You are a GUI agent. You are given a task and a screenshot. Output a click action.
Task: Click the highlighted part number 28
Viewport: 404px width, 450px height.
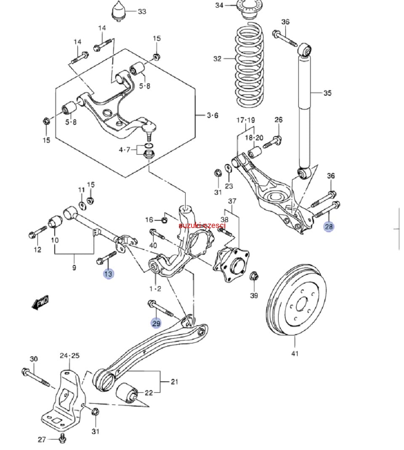click(x=328, y=226)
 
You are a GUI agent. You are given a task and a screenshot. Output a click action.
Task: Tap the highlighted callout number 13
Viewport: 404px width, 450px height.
click(x=109, y=274)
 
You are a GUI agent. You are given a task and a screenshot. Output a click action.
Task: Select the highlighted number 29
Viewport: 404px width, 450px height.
click(x=156, y=323)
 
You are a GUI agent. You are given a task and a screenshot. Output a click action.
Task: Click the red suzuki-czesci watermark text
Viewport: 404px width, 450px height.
click(x=202, y=226)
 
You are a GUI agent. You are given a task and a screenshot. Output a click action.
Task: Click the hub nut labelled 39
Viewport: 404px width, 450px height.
click(x=254, y=277)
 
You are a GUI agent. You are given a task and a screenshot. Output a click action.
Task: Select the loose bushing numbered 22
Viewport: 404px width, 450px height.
click(x=127, y=393)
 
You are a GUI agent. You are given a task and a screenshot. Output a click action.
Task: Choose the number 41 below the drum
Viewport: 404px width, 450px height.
click(x=295, y=353)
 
